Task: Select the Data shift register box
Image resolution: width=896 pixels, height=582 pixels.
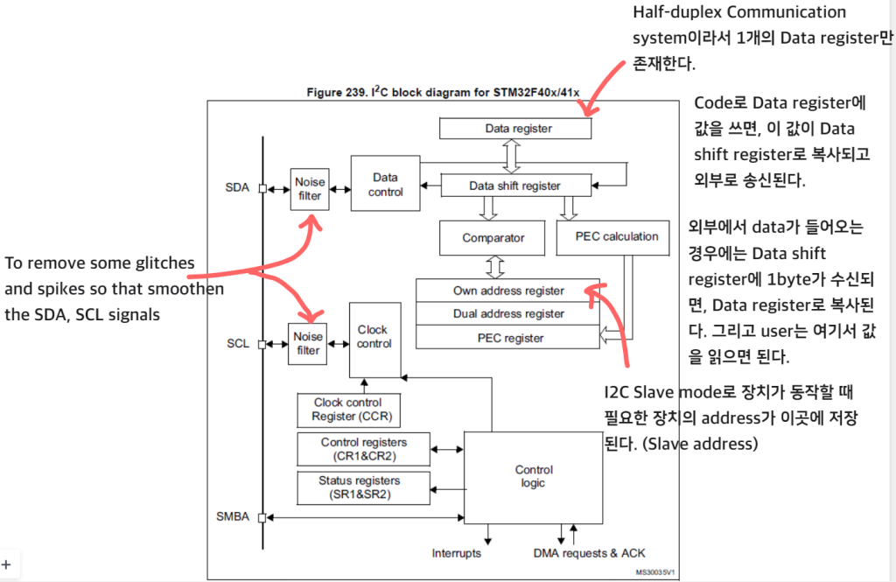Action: (x=514, y=186)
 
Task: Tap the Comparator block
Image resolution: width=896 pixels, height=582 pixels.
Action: (x=493, y=237)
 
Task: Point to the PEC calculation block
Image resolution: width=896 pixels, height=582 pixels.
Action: (x=616, y=237)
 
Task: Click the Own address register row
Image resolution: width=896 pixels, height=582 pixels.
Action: (x=508, y=291)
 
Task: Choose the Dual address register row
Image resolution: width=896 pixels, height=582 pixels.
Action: (x=508, y=314)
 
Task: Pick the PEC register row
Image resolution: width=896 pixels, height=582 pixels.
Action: (x=508, y=338)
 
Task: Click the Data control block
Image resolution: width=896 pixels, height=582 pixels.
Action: (x=385, y=184)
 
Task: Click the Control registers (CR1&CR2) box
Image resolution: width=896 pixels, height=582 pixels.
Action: (x=362, y=449)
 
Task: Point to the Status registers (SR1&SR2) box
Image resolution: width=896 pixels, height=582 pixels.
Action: (x=360, y=487)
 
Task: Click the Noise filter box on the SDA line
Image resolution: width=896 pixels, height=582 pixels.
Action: (x=309, y=189)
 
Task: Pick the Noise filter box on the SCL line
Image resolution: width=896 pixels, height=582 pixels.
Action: (x=308, y=343)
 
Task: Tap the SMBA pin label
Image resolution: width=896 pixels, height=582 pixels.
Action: (x=232, y=516)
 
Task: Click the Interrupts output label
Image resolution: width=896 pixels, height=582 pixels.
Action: (x=456, y=553)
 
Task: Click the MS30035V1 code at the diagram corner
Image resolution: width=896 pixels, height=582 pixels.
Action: (x=655, y=572)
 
